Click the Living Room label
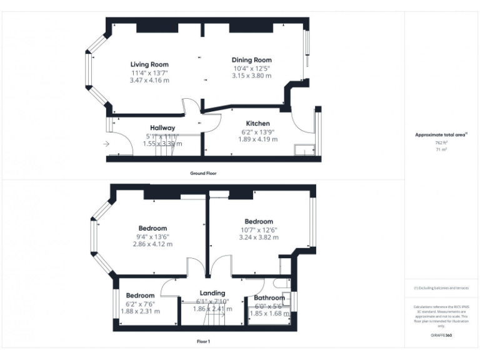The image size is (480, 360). [149, 64]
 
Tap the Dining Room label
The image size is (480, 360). [252, 60]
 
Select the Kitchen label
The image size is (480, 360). [257, 123]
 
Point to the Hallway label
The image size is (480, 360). [162, 127]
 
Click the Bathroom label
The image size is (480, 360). [269, 298]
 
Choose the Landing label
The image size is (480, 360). [212, 293]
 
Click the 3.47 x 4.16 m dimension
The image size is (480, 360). [149, 80]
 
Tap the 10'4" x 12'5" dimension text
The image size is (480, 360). [252, 68]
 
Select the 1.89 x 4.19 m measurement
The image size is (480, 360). [257, 139]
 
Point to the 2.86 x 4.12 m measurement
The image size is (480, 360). [152, 244]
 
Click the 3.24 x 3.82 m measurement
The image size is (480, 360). [259, 237]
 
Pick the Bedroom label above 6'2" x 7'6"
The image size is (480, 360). [140, 296]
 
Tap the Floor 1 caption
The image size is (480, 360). [203, 342]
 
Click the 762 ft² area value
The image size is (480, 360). [441, 143]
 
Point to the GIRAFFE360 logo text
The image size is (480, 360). [441, 336]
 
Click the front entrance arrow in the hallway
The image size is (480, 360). [106, 144]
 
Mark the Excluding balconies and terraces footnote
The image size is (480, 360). [441, 288]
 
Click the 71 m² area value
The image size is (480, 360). [441, 150]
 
